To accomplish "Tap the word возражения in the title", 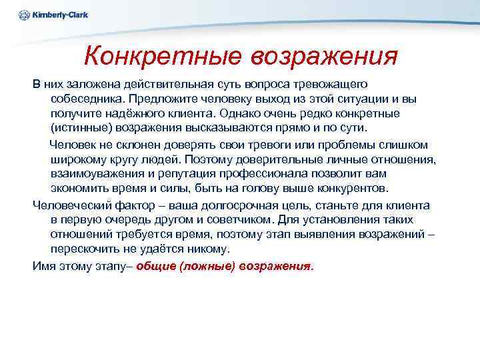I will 324,56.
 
